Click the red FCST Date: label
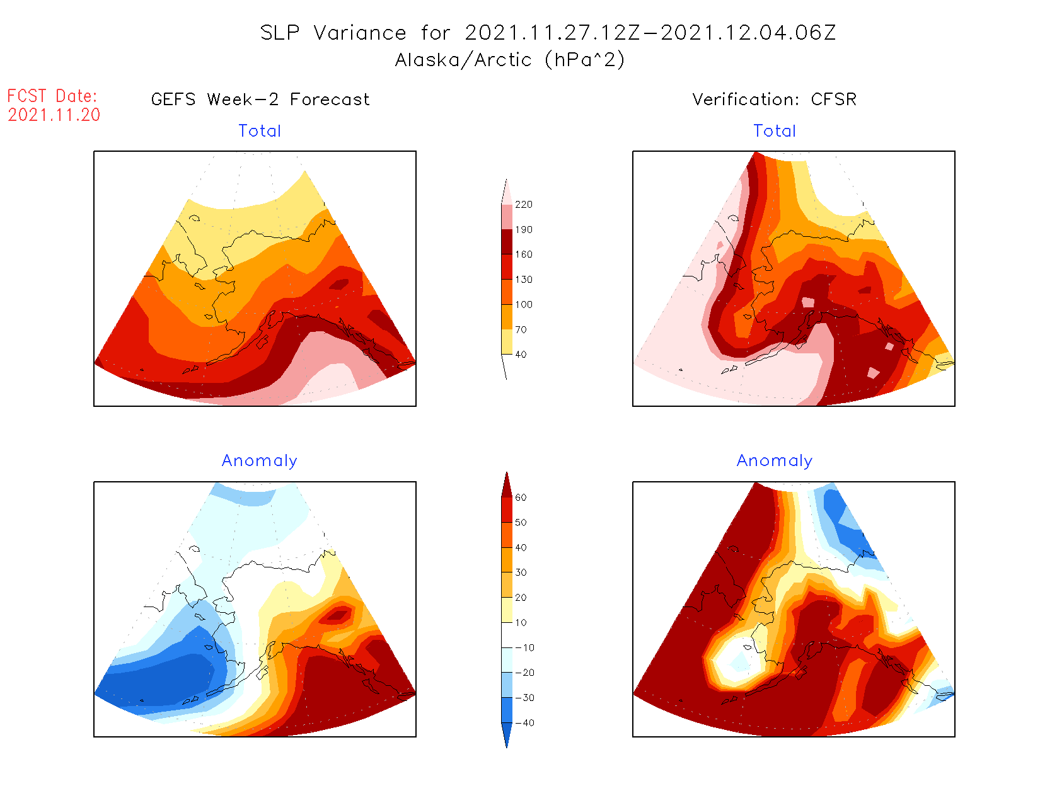coord(52,96)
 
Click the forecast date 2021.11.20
coord(54,115)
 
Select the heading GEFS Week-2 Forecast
coord(260,100)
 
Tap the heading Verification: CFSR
coord(774,100)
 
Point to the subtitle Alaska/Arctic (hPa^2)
coord(510,60)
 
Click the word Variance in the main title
coord(360,33)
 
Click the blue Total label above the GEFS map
coord(260,131)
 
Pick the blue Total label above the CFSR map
coord(775,131)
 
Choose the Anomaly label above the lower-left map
coord(259,461)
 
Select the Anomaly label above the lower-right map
coord(775,461)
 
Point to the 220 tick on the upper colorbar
coord(523,205)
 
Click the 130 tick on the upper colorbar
coord(523,280)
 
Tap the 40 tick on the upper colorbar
coord(521,355)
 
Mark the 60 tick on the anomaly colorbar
coord(521,498)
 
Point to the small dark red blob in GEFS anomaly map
coord(338,615)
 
